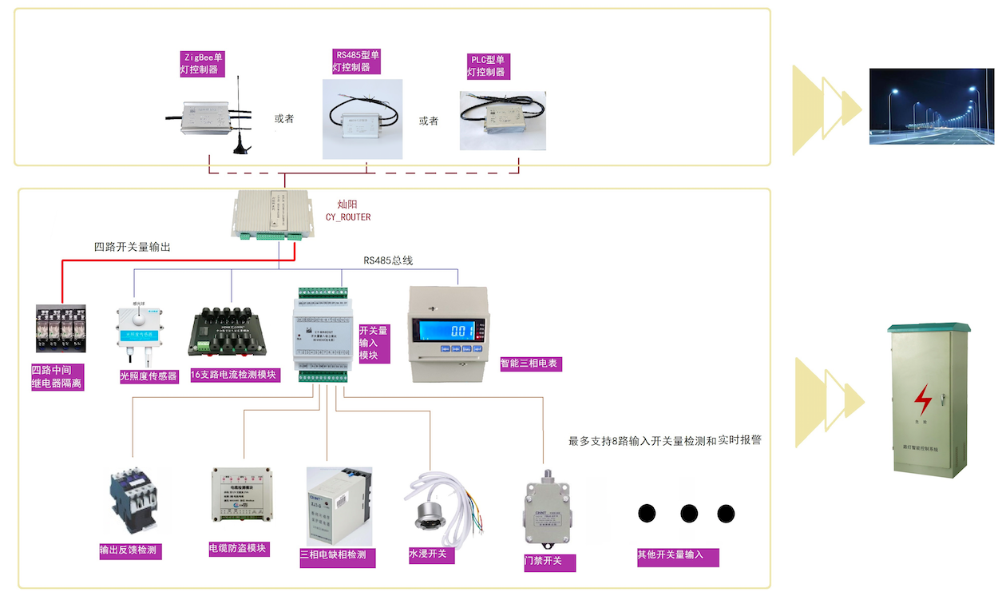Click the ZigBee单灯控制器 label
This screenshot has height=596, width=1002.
pos(202,63)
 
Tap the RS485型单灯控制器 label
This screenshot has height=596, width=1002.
pos(358,61)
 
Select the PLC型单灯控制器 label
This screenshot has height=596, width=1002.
pos(488,66)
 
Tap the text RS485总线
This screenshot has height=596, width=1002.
pos(388,260)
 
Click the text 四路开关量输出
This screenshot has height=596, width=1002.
pos(133,247)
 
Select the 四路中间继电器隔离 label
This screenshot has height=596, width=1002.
pos(57,377)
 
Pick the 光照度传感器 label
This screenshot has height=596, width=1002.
pos(149,375)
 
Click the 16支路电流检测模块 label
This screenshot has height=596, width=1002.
pos(236,375)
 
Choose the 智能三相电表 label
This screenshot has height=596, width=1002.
pos(531,364)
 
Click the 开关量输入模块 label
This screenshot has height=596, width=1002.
pos(374,343)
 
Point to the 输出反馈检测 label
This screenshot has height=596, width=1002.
pos(129,550)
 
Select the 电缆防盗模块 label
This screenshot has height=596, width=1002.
pos(238,549)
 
